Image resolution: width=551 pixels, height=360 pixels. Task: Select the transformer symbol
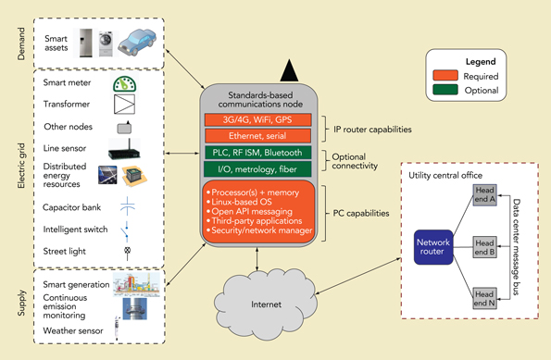123,105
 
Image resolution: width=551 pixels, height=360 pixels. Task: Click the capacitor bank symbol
123,205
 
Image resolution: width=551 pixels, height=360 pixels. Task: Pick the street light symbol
123,250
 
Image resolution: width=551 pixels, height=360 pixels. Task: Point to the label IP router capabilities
370,128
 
